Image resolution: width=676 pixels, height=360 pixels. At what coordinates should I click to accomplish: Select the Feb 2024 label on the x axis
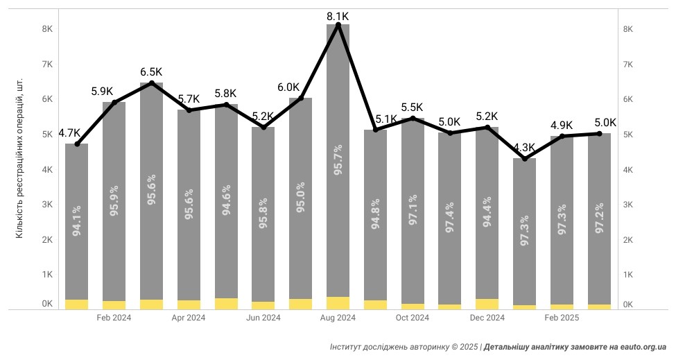pyautogui.click(x=114, y=318)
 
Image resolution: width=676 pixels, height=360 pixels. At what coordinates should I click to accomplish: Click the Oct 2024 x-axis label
pyautogui.click(x=413, y=318)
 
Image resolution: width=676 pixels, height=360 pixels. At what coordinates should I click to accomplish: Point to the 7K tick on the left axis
pyautogui.click(x=47, y=65)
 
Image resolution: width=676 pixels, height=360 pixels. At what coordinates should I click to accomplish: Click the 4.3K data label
pyautogui.click(x=524, y=147)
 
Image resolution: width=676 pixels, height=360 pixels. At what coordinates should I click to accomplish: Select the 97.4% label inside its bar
pyautogui.click(x=450, y=216)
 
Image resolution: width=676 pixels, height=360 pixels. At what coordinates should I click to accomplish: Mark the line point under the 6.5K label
pyautogui.click(x=151, y=83)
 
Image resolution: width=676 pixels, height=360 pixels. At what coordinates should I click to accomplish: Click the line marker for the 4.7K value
pyautogui.click(x=77, y=144)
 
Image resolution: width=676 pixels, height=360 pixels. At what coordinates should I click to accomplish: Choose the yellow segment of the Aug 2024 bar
pyautogui.click(x=338, y=303)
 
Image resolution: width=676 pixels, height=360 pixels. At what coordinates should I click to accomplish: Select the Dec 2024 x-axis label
pyautogui.click(x=487, y=318)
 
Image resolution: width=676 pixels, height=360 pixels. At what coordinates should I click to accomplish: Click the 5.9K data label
pyautogui.click(x=103, y=91)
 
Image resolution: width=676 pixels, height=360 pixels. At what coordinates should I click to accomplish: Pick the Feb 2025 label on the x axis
pyautogui.click(x=562, y=318)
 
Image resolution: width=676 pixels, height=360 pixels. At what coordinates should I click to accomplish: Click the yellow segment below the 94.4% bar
pyautogui.click(x=487, y=304)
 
